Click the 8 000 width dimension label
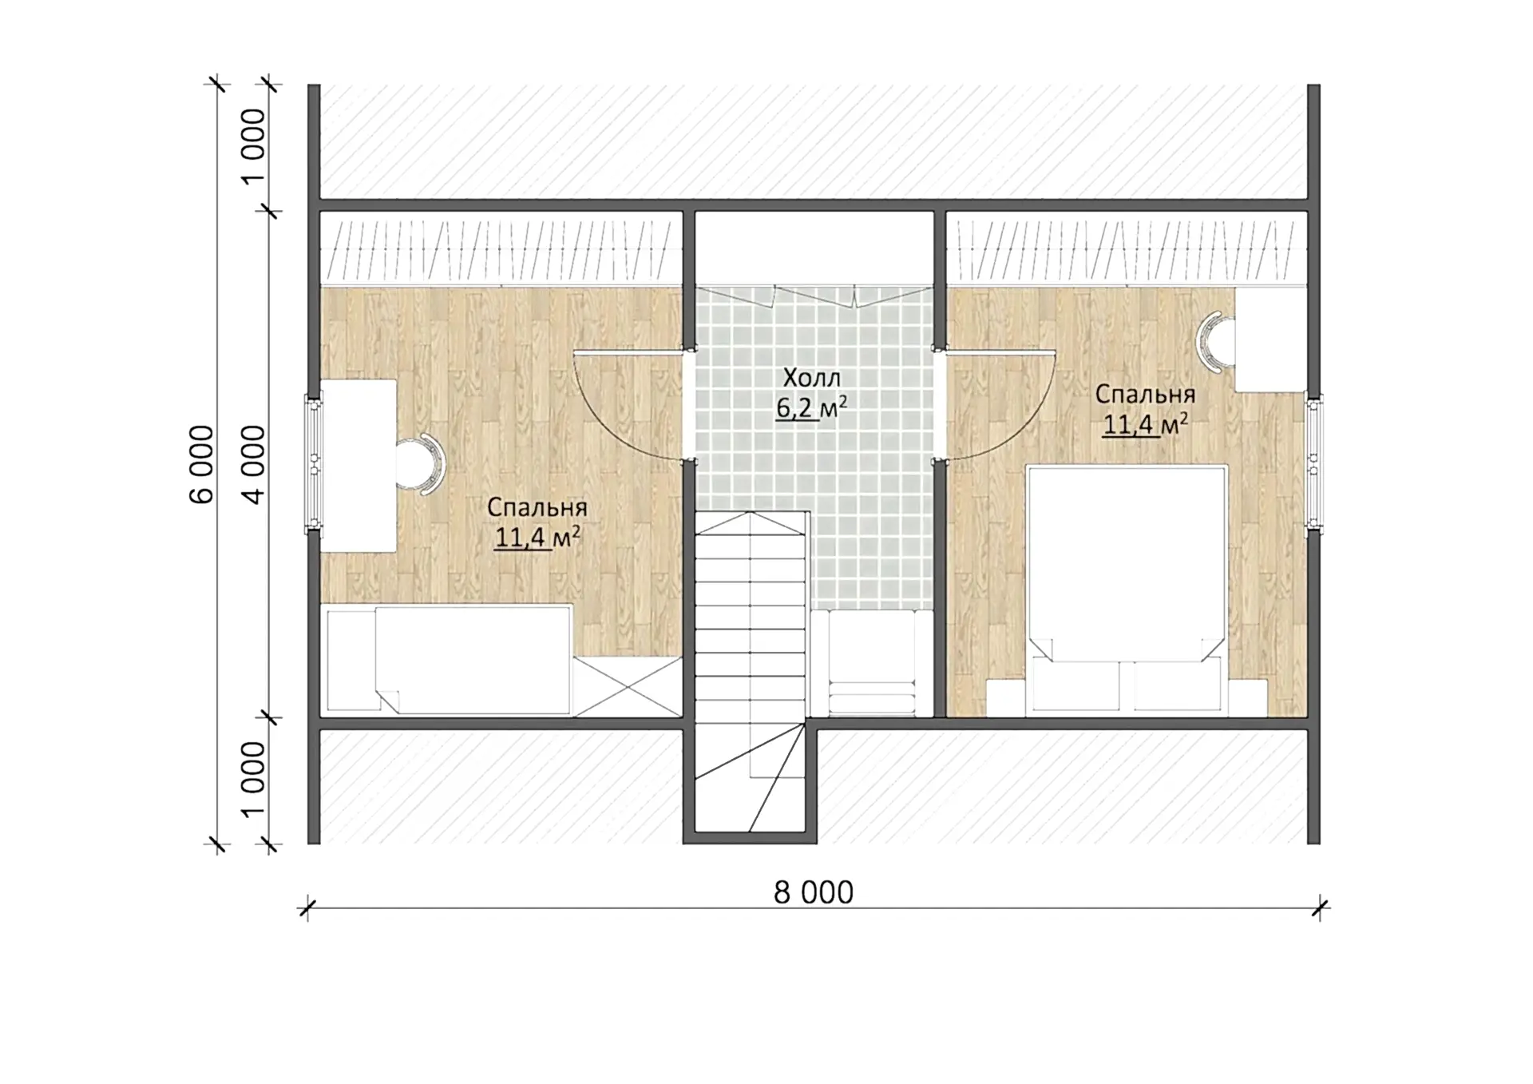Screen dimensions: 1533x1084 (813, 892)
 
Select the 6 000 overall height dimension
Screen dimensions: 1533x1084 (202, 464)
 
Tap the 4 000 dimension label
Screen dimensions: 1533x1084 (253, 464)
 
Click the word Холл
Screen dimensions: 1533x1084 (811, 377)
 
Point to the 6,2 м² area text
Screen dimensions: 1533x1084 (811, 407)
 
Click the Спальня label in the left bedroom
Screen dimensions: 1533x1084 (537, 507)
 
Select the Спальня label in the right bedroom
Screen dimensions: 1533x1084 (1145, 394)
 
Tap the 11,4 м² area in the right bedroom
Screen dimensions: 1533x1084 (1145, 423)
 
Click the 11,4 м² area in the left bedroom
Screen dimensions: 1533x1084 (537, 537)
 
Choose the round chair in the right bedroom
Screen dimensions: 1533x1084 (1215, 343)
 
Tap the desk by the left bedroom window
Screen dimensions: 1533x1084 (358, 466)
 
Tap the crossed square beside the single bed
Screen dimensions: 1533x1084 (627, 686)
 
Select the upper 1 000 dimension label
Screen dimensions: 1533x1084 (253, 146)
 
